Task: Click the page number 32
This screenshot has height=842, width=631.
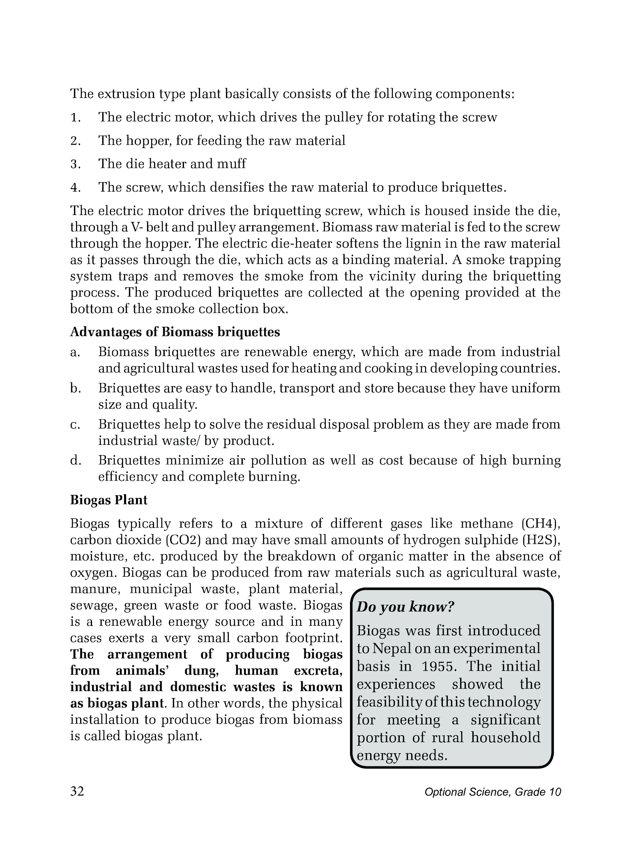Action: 77,791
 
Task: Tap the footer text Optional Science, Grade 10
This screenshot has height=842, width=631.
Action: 493,792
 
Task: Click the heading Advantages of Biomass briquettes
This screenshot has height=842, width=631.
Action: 175,332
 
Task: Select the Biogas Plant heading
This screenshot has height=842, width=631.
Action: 109,500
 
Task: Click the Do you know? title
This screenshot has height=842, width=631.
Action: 405,607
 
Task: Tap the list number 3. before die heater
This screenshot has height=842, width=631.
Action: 75,164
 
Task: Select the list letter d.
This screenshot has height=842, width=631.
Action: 75,460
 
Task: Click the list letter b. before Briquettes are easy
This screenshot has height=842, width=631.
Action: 75,389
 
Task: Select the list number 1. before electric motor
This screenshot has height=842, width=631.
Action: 75,118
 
